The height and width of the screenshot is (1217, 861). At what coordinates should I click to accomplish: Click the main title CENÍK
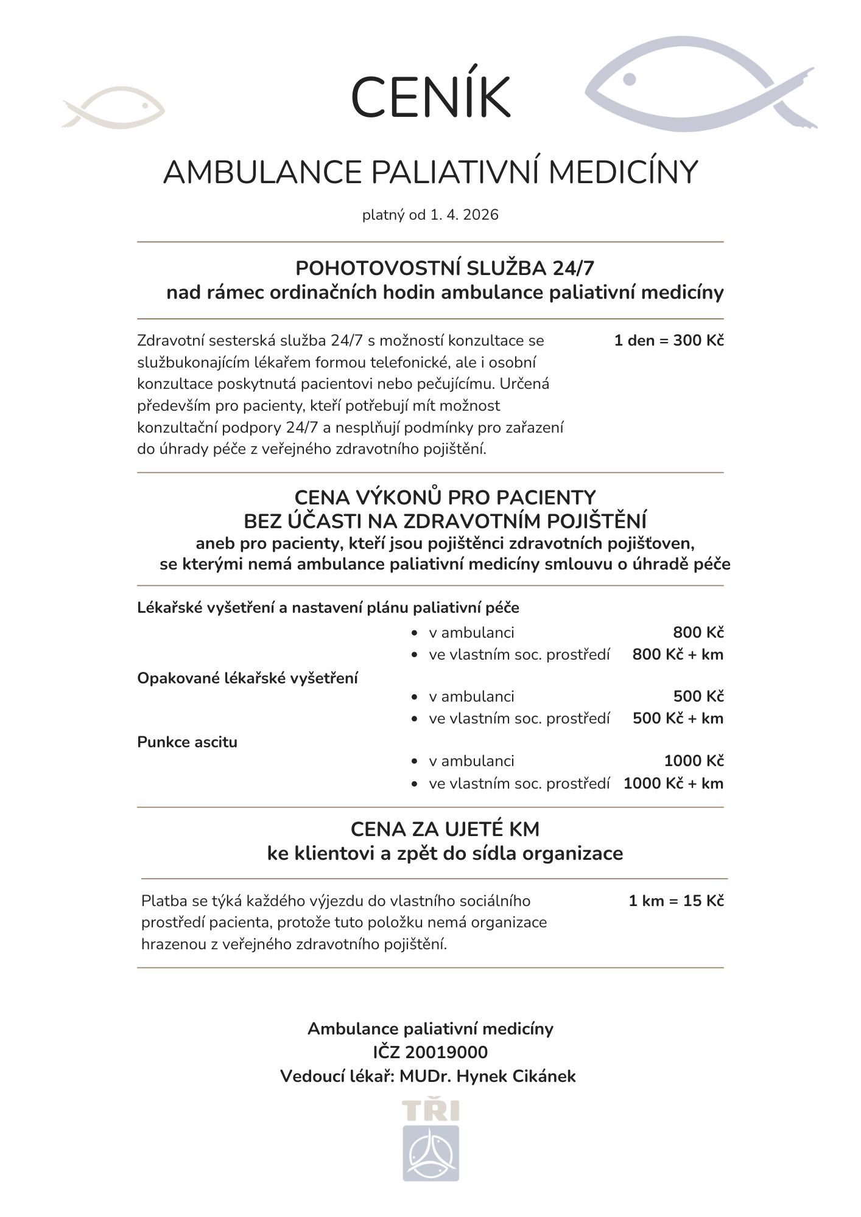pos(430,97)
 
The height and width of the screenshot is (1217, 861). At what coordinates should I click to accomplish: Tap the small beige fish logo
pos(114,108)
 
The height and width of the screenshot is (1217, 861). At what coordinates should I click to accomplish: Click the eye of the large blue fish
pos(630,79)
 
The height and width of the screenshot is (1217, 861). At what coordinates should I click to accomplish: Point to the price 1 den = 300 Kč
pos(669,340)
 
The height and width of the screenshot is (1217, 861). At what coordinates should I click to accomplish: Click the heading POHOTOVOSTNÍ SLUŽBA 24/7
pos(445,268)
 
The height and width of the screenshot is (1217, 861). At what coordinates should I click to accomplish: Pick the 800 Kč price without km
pos(698,632)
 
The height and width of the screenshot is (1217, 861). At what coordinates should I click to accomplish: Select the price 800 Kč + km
pos(678,654)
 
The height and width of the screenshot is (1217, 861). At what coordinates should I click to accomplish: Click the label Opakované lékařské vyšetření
pos(247,678)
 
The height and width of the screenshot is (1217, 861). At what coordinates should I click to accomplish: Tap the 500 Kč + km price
pos(678,718)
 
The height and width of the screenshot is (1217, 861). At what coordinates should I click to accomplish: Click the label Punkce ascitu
pos(187,742)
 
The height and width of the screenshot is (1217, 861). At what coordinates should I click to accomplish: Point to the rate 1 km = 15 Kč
pos(676,901)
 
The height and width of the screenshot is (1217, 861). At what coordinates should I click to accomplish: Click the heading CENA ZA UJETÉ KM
pos(445,829)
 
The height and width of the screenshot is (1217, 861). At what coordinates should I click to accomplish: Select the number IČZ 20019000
pos(430,1052)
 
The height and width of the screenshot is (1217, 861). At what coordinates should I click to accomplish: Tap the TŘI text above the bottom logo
pos(430,1111)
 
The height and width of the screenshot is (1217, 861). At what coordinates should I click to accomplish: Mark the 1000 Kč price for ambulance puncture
pos(694,761)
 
